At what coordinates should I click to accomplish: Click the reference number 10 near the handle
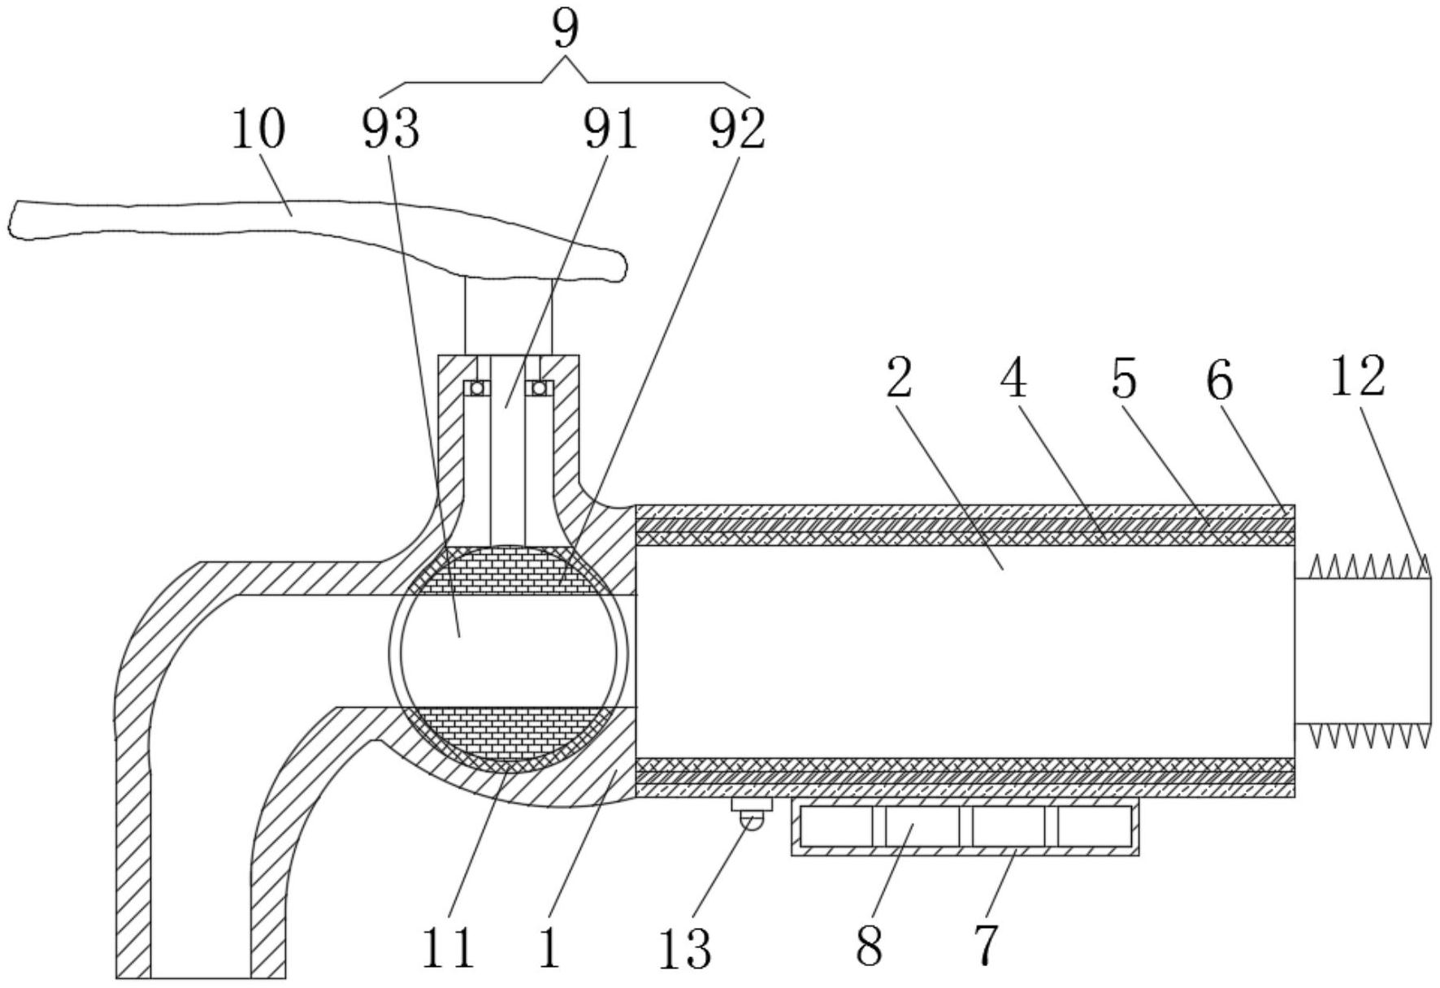point(258,130)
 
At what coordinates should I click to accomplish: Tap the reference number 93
point(391,130)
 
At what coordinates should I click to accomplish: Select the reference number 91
point(611,130)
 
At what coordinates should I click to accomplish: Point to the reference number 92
point(737,130)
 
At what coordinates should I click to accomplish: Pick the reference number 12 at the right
point(1357,377)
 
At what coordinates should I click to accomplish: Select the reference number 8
point(870,945)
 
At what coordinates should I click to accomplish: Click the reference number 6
point(1220,379)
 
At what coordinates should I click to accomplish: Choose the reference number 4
point(1013,379)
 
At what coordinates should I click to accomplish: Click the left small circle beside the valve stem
point(477,388)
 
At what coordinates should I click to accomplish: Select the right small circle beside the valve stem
point(539,388)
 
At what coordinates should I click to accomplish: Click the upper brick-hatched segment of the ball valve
point(508,570)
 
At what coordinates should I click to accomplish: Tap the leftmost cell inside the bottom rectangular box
point(836,826)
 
